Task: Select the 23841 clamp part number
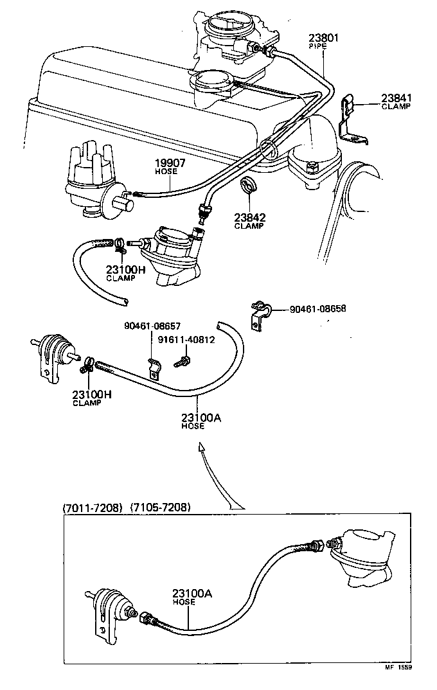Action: [396, 98]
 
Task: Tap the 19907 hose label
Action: [170, 163]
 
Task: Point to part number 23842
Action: [249, 217]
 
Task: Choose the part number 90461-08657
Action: [152, 326]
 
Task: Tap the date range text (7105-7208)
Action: [160, 508]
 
